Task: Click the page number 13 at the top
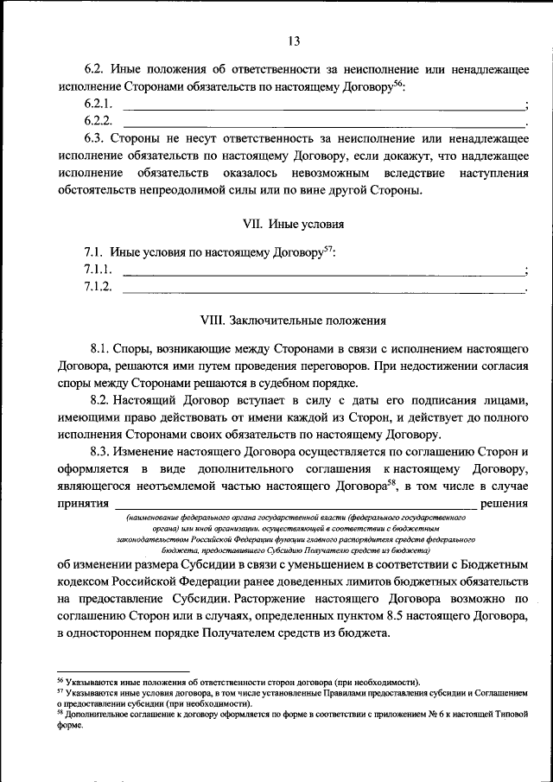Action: click(293, 41)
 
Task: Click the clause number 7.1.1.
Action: click(98, 270)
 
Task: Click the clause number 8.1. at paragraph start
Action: click(100, 349)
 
